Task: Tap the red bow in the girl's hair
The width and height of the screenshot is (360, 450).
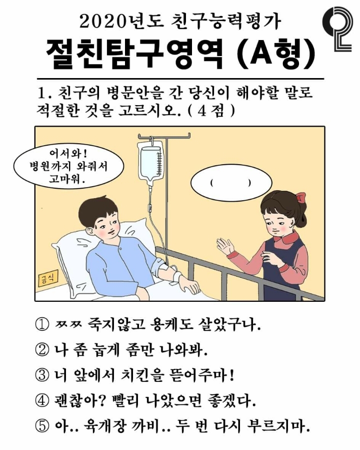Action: coord(300,197)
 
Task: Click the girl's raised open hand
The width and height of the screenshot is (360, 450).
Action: coord(224,247)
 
